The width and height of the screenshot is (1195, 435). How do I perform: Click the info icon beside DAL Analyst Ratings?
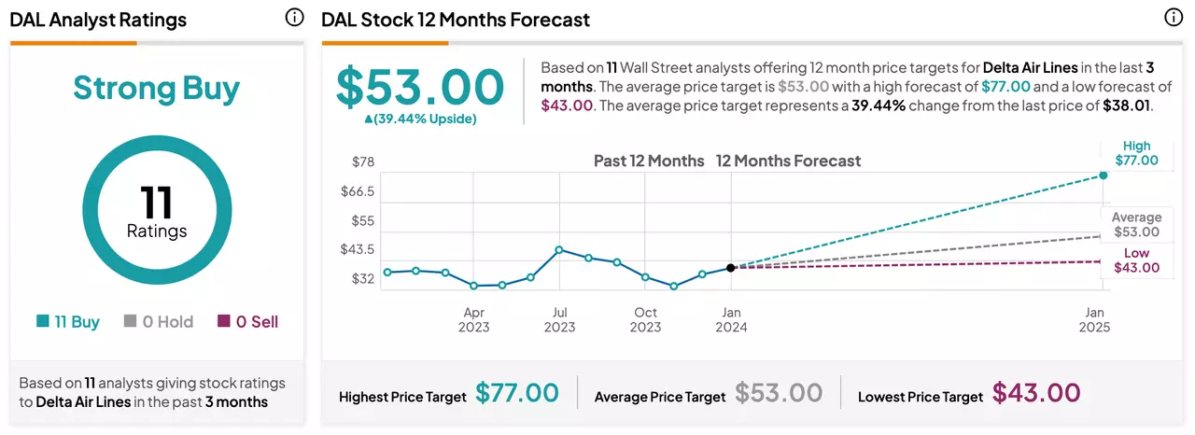294,18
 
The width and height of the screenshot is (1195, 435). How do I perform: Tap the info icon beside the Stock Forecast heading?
1174,18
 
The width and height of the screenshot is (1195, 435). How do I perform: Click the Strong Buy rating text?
156,89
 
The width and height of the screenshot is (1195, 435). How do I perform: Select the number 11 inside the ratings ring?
156,202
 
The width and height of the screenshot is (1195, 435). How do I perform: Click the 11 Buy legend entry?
68,321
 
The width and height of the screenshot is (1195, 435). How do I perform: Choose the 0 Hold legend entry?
159,321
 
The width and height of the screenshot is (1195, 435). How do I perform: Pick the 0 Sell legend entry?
248,321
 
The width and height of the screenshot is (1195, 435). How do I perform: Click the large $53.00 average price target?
420,87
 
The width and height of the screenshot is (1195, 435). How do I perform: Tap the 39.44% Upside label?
420,119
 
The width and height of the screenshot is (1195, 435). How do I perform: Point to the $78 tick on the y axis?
363,161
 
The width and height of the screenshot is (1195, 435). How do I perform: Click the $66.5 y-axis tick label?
358,190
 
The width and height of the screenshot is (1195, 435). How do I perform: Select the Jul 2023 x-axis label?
559,319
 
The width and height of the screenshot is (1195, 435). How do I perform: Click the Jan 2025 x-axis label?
1094,319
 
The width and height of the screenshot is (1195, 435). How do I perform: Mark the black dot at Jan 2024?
731,268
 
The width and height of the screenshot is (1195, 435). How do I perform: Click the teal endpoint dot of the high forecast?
1104,175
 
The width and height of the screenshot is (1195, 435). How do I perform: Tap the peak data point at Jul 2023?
559,249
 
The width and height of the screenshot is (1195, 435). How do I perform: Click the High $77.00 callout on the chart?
1137,153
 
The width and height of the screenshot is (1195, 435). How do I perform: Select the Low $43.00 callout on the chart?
1137,260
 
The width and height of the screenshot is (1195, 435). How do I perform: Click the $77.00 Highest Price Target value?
517,393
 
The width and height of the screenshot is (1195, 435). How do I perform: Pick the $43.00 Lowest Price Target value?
1036,393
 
